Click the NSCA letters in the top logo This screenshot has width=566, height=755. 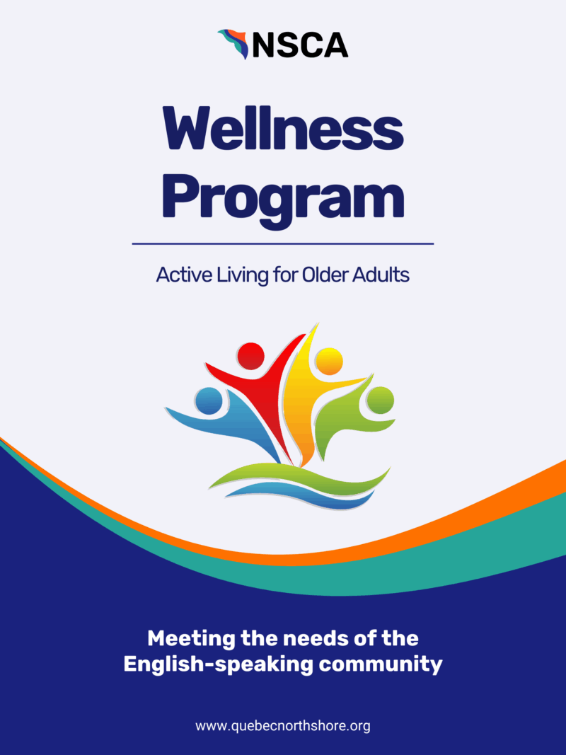click(300, 45)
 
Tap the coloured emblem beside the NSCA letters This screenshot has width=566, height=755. click(233, 44)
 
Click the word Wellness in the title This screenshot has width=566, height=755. click(283, 129)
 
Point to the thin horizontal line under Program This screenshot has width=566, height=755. click(283, 244)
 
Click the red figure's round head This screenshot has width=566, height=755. click(250, 357)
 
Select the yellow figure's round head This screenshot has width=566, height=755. click(329, 361)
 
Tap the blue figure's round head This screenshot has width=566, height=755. click(209, 400)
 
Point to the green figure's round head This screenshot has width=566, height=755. click(380, 400)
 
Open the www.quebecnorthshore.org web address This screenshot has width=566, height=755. click(283, 726)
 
